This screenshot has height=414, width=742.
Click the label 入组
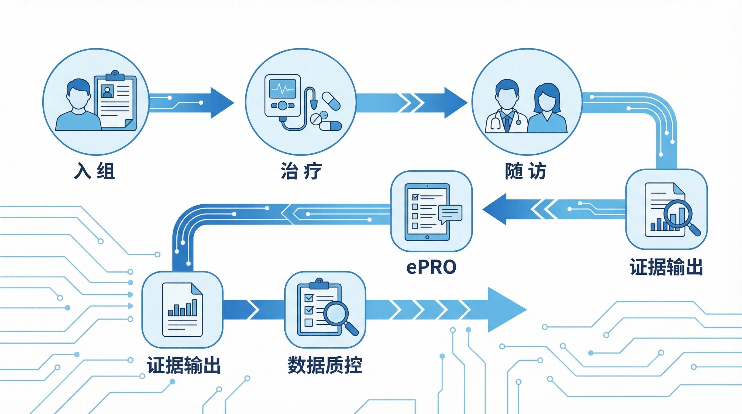(x=94, y=171)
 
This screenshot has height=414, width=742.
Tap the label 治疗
(x=301, y=171)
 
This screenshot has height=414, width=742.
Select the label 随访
(x=525, y=171)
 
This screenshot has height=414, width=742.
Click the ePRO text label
(x=431, y=267)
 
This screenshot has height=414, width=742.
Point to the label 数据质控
(x=325, y=365)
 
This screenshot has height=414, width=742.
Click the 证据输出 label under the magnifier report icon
(x=666, y=267)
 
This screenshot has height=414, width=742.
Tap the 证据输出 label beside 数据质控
(x=184, y=365)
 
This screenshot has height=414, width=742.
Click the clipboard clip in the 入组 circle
(x=115, y=75)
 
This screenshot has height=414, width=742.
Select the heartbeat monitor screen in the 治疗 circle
(x=282, y=89)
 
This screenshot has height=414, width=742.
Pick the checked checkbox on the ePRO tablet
(x=415, y=197)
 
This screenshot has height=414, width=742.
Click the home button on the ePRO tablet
(x=427, y=237)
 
